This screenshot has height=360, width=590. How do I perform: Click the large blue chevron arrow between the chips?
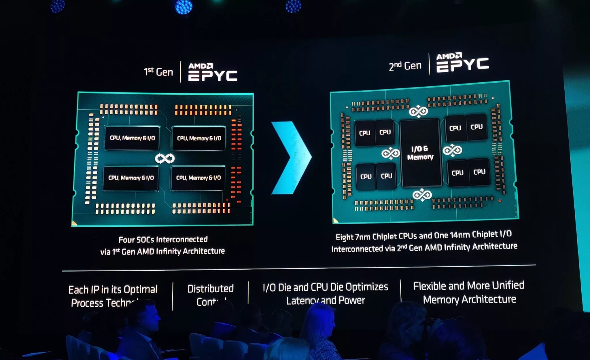(291, 158)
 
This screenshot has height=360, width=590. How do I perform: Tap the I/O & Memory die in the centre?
(420, 153)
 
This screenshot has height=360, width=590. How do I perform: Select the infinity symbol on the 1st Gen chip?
(165, 158)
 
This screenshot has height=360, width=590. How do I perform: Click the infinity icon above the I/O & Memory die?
(418, 111)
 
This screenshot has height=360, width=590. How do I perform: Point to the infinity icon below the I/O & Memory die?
(422, 195)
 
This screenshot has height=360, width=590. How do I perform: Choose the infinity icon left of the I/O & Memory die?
(391, 153)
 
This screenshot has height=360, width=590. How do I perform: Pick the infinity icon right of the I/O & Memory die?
(452, 150)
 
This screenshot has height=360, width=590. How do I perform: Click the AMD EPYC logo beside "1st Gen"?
(213, 72)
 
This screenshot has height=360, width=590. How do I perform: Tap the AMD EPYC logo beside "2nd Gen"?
(462, 62)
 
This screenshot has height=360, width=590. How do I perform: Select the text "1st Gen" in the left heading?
(158, 71)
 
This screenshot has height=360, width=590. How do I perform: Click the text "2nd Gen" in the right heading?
(405, 66)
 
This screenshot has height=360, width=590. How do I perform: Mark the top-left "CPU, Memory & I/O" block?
(132, 138)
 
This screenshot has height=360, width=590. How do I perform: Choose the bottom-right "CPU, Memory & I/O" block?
(198, 178)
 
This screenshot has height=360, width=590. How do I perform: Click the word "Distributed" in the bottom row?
(211, 289)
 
